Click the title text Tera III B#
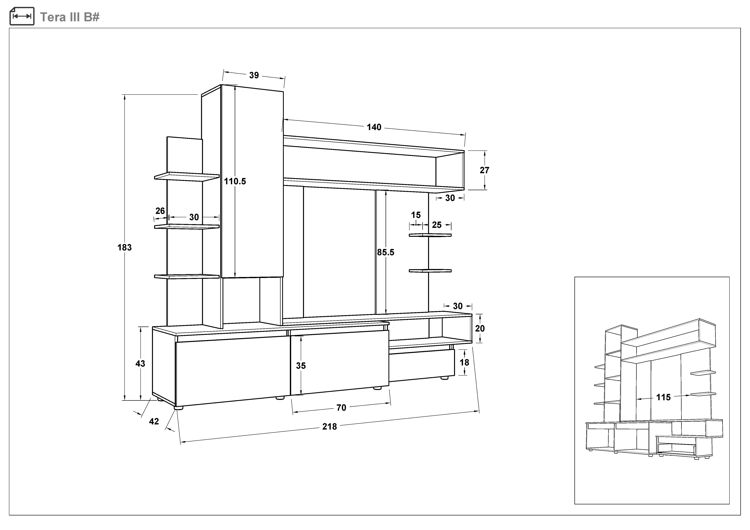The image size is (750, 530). (70, 17)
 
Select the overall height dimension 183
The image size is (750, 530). (124, 247)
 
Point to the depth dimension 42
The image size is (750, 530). (154, 421)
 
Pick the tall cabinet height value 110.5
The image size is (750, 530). (235, 182)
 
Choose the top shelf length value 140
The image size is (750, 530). (374, 127)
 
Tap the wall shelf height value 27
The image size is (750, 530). (485, 170)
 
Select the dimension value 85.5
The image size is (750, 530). (386, 252)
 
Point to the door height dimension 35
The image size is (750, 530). (301, 366)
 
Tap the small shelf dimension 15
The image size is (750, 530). (416, 215)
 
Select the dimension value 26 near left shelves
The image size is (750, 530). (160, 211)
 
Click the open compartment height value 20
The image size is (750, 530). (480, 329)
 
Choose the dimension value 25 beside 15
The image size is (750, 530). (437, 225)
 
